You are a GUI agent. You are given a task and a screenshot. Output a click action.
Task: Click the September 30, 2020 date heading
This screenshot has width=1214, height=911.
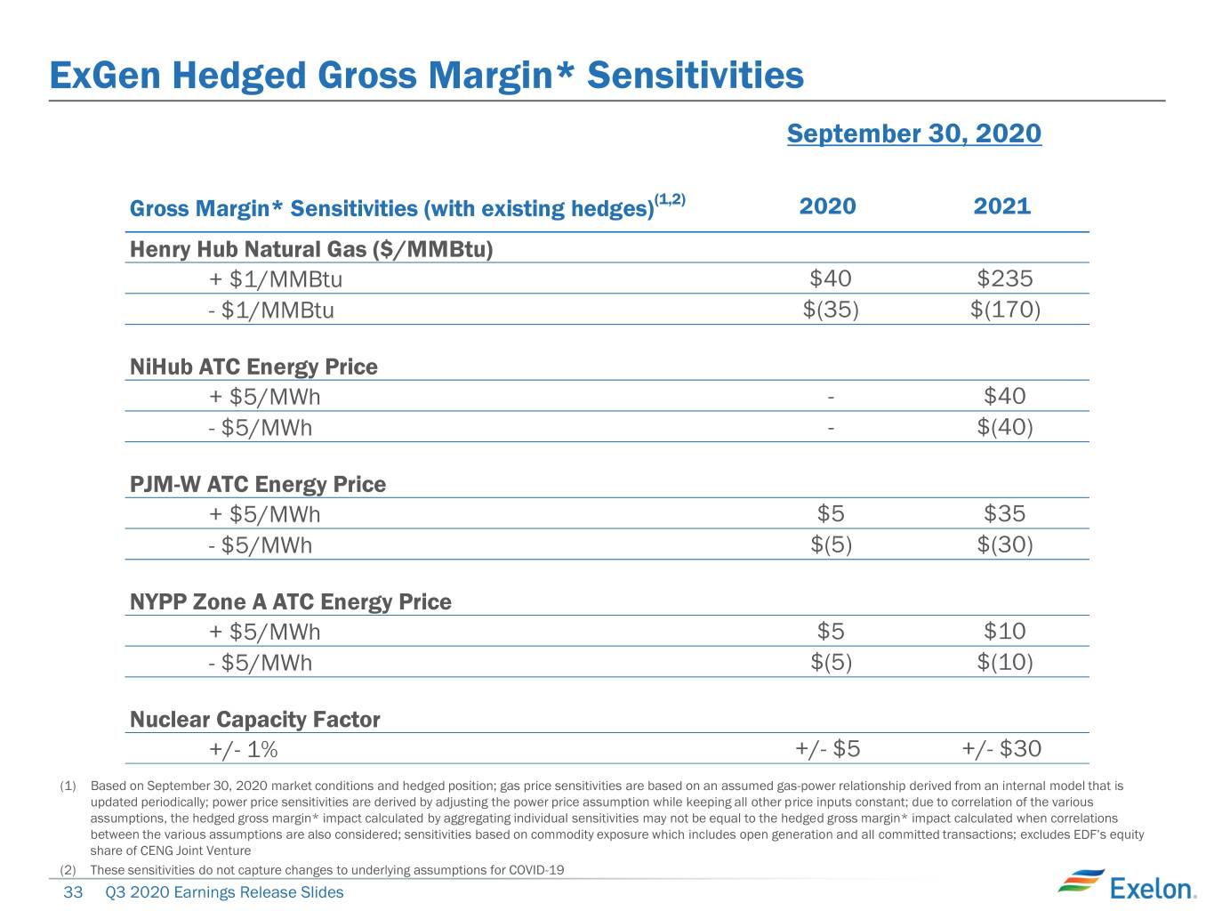pos(913,133)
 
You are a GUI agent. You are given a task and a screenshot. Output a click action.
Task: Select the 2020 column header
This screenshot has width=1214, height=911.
pos(827,206)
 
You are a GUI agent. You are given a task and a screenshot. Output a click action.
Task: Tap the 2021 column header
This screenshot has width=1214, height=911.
pos(1001,206)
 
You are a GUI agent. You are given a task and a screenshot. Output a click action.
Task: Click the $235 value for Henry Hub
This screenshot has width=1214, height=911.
pos(1004,278)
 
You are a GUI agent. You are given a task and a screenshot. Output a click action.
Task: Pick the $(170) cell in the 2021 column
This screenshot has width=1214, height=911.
pos(1005,310)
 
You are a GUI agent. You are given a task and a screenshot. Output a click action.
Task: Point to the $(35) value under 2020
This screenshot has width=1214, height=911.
pos(831,310)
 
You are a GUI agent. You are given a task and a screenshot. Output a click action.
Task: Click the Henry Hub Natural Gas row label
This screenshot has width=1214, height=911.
pos(310,249)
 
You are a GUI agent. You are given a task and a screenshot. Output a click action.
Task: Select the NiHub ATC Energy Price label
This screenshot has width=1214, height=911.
pos(253,367)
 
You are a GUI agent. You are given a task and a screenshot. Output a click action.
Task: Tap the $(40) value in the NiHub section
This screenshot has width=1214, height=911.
pos(1005,427)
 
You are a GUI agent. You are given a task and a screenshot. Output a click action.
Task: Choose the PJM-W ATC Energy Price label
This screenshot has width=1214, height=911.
pos(258,485)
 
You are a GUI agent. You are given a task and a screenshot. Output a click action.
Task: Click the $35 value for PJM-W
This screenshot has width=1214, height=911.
pos(1004,514)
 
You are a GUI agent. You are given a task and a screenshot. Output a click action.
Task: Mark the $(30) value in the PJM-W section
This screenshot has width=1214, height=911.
pos(1005,544)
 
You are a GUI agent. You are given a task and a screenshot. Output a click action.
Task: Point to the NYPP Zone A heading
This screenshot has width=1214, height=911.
pos(290,601)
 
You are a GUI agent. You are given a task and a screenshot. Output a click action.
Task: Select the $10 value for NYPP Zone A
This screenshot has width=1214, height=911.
pos(1004,631)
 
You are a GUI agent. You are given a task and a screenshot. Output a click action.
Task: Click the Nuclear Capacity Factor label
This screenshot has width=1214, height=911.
pos(254,720)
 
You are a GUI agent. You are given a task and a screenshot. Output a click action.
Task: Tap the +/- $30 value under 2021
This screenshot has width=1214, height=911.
pos(1001,749)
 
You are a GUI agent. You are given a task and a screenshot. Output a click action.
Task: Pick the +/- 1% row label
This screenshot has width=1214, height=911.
pos(244,750)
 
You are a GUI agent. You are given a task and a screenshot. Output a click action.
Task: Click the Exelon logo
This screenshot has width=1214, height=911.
pos(1127,885)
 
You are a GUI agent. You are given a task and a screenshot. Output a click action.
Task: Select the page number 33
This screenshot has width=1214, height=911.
pos(73,892)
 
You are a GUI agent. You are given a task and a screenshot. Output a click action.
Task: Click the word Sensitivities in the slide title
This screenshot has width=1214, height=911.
pos(695,76)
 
